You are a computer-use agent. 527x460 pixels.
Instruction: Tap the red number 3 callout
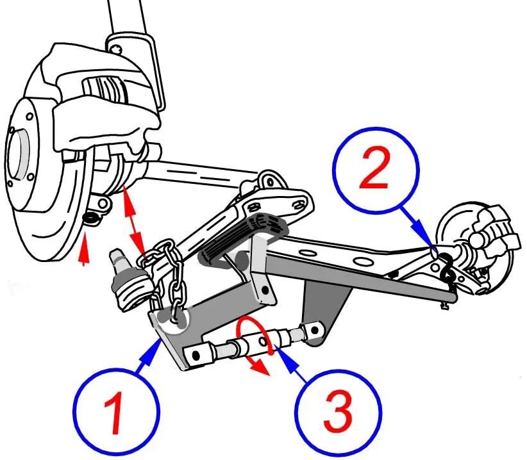[338, 412]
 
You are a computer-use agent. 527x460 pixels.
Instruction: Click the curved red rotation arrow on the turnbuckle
[255, 339]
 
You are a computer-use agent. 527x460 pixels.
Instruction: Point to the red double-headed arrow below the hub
[134, 224]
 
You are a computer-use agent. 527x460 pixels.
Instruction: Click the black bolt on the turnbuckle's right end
[315, 331]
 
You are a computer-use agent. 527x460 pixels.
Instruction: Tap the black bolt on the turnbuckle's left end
[196, 356]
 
